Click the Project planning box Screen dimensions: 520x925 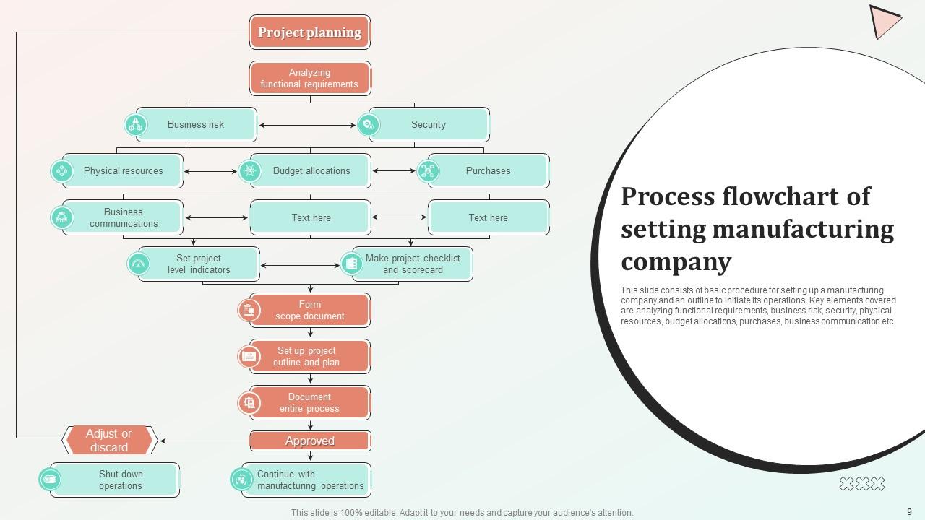(x=309, y=32)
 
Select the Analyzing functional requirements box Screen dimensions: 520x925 (x=309, y=78)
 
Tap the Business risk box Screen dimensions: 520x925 (x=196, y=125)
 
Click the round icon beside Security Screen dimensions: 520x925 (x=368, y=125)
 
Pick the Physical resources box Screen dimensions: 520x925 (x=123, y=171)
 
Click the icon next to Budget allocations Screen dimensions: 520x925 (x=249, y=171)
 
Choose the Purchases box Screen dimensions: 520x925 (x=488, y=171)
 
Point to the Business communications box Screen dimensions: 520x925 (x=123, y=217)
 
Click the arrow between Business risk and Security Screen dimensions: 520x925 (x=308, y=125)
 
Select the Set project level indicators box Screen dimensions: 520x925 (x=199, y=264)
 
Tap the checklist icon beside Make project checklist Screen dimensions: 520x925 (x=351, y=264)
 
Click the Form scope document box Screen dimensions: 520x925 (x=309, y=310)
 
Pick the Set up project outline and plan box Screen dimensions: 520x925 (x=309, y=356)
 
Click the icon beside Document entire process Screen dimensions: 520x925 (x=249, y=402)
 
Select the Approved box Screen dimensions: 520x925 (x=309, y=441)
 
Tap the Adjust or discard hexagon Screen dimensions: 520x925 (x=109, y=440)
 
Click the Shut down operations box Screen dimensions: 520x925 (x=120, y=480)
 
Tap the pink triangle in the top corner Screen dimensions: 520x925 (x=882, y=20)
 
